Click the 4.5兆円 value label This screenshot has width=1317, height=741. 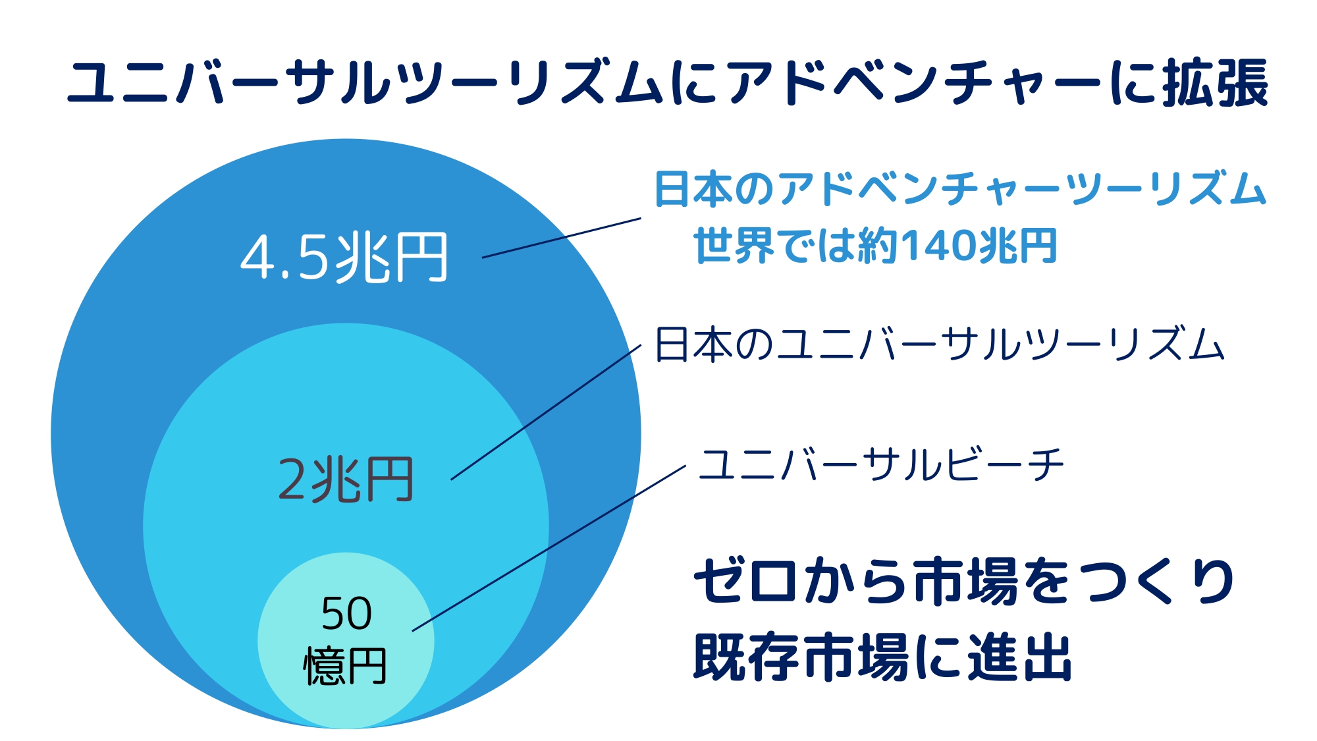point(344,258)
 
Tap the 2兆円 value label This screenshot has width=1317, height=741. point(346,480)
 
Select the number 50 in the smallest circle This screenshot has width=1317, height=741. point(346,613)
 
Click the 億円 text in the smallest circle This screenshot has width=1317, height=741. point(345,666)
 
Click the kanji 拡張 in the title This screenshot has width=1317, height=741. point(1216,83)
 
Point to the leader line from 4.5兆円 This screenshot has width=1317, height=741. point(562,238)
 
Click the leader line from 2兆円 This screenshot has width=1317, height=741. point(546,412)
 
